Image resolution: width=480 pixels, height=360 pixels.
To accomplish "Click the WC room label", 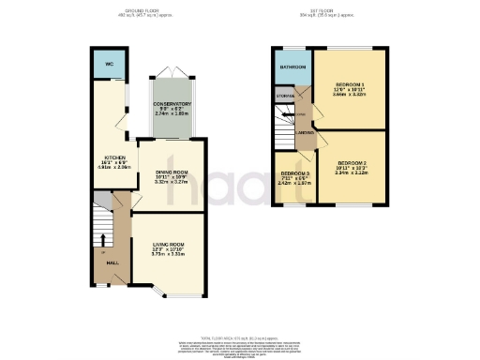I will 109,65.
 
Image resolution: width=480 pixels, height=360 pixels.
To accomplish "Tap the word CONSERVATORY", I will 172,103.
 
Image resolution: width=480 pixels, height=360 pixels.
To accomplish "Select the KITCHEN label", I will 114,158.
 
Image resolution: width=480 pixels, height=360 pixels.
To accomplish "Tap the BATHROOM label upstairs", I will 292,67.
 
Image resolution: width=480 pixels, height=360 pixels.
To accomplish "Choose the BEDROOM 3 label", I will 295,173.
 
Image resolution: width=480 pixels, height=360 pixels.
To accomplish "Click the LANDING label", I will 306,134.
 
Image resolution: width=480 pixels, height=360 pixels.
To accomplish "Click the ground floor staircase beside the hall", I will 102,225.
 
